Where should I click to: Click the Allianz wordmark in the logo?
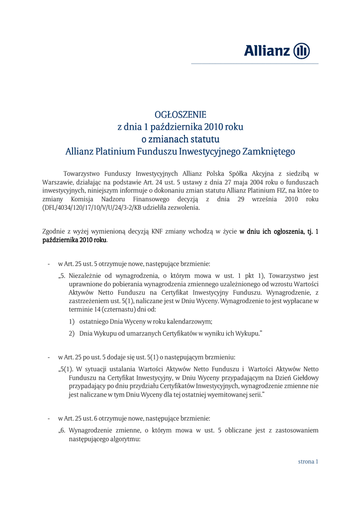pyautogui.click(x=267, y=51)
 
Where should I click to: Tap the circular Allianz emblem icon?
pyautogui.click(x=302, y=51)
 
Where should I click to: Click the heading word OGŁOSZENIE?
pyautogui.click(x=180, y=115)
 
